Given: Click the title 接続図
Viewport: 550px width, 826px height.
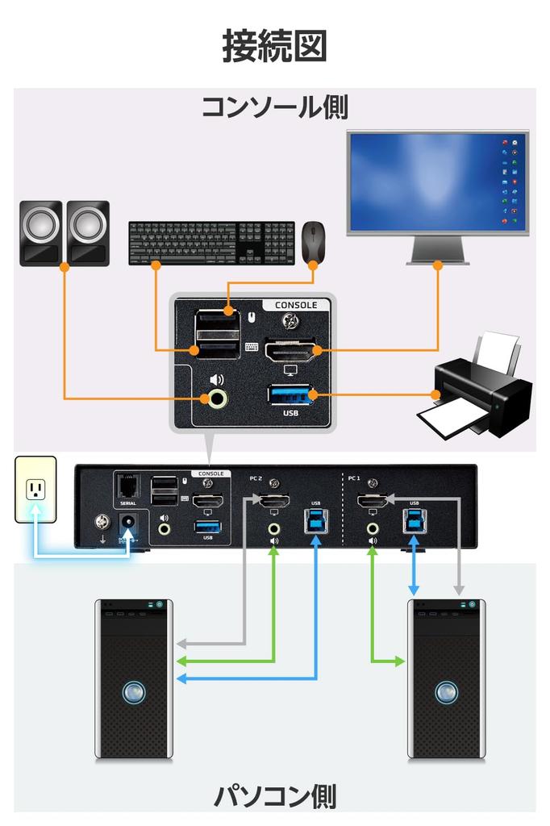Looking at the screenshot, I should [274, 47].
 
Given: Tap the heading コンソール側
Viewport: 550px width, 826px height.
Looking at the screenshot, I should [274, 106].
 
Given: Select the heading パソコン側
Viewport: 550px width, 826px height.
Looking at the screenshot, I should [274, 796].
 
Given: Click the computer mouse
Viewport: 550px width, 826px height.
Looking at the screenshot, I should [313, 241].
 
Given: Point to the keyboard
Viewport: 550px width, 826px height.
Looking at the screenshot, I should [212, 241].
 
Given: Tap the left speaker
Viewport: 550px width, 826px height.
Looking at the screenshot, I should [40, 233].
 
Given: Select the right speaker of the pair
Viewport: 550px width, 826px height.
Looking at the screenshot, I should [87, 233].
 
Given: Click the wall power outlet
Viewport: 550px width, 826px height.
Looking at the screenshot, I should [35, 490].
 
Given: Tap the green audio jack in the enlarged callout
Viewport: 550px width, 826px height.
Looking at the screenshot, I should [216, 398].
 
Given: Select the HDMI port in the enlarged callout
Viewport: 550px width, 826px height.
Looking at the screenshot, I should [292, 351].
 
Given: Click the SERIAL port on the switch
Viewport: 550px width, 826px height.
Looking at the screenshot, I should [127, 487].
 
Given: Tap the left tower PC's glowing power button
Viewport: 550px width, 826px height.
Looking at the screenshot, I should [134, 692].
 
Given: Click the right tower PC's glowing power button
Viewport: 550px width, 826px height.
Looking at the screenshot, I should [446, 692].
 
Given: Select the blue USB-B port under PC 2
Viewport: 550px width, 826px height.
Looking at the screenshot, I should [315, 519].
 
